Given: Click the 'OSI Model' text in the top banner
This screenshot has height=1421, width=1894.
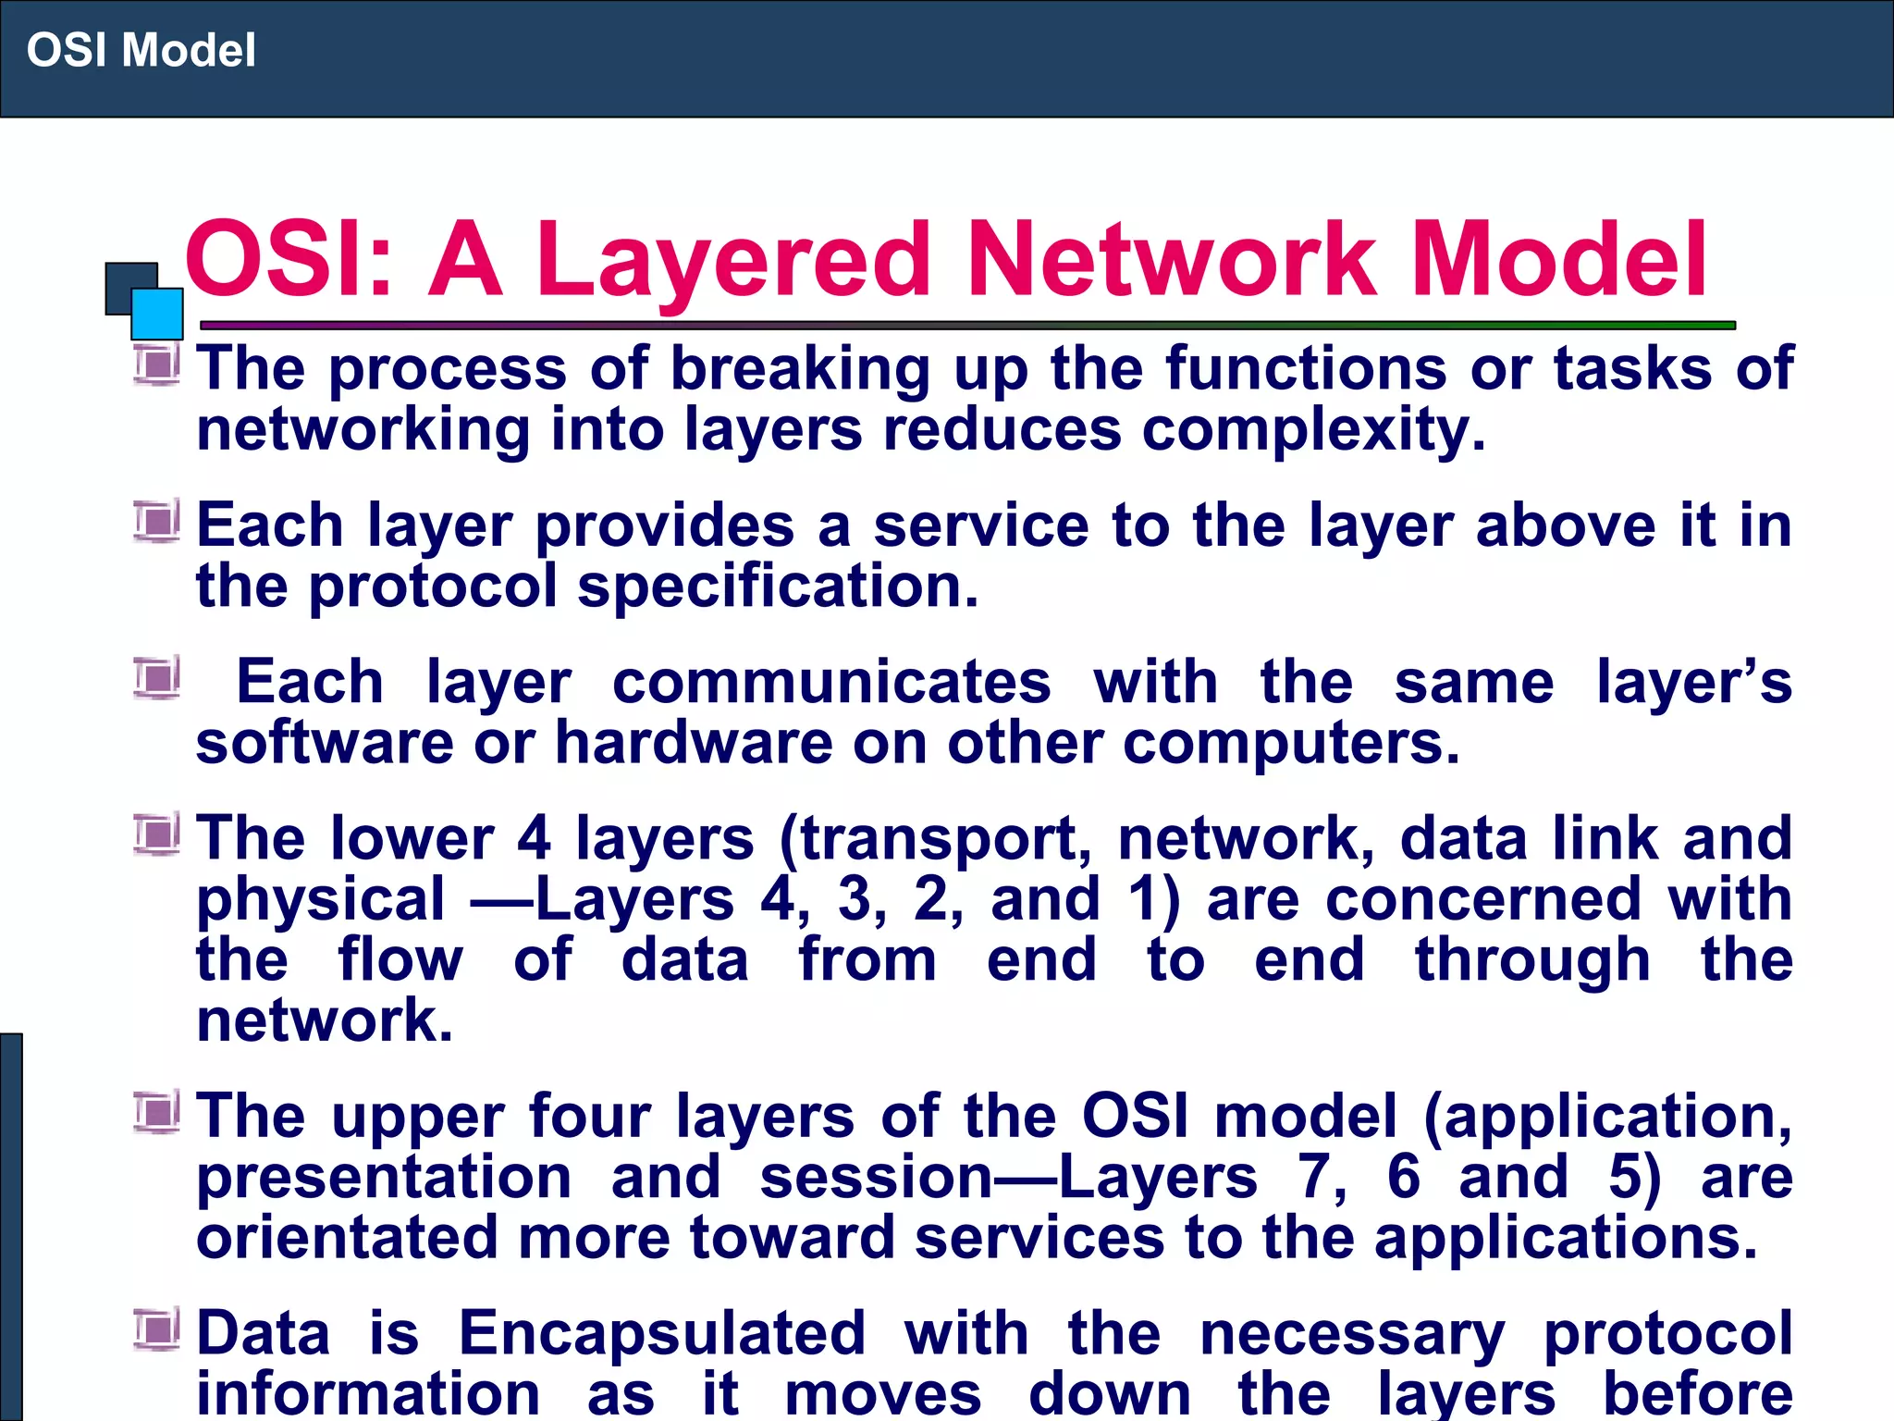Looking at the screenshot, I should click(141, 50).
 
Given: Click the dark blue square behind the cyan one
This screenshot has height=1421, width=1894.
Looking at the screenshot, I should click(125, 282).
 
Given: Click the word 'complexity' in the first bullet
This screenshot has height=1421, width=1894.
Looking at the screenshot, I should click(1313, 431).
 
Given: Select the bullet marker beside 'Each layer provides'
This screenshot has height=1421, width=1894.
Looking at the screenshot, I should click(156, 522).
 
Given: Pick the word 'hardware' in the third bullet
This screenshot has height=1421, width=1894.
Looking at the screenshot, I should click(693, 743).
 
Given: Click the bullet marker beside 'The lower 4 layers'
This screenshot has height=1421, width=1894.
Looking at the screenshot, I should click(156, 834).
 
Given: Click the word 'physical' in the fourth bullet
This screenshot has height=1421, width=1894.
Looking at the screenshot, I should click(321, 900).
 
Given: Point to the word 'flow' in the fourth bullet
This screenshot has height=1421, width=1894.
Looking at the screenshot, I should click(400, 959).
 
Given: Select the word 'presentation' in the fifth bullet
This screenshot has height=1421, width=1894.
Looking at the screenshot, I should click(384, 1178).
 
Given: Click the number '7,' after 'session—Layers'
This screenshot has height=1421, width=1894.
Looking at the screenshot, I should click(1322, 1178).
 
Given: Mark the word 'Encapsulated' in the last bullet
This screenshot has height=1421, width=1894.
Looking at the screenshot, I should click(662, 1333).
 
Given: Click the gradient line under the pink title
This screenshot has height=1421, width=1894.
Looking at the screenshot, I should click(967, 326).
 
